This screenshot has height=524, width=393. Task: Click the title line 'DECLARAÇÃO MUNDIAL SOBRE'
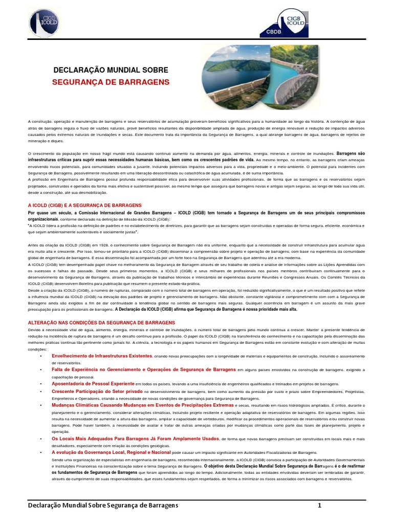coord(111,69)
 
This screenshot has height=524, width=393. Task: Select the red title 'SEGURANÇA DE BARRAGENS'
coord(111,82)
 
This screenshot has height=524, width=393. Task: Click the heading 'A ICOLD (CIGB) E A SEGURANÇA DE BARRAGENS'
coord(84,205)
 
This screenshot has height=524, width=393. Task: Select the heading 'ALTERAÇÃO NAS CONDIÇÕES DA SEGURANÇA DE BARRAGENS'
coord(101,323)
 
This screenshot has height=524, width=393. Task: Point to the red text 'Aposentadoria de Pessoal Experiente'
coord(93,383)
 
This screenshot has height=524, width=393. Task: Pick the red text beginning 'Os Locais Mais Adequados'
coord(135,439)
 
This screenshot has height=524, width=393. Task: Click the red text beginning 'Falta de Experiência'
coord(143,369)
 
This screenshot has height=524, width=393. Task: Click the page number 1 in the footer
coord(319,506)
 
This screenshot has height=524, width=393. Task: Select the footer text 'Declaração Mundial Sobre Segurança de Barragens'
coord(103,506)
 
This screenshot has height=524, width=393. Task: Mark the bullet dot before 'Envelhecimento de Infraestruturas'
coord(40,356)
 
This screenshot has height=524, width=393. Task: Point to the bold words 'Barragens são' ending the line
coord(350,153)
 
